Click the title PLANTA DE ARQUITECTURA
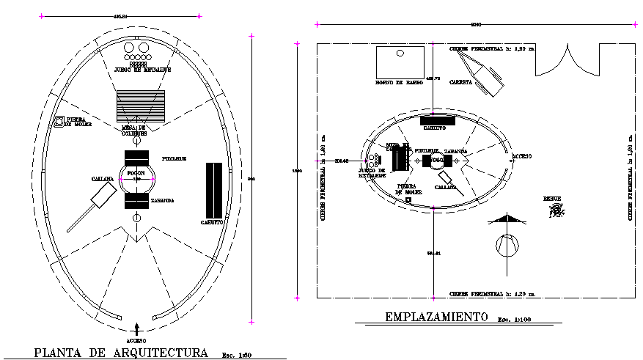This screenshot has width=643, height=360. coord(121,353)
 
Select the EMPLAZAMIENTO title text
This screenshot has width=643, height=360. coord(436,317)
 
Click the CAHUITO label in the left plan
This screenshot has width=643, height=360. coord(213,222)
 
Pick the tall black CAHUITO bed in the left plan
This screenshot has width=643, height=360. coord(213,189)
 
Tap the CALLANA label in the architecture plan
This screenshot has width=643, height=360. coord(103,179)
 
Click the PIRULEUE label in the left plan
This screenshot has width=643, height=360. coord(174,157)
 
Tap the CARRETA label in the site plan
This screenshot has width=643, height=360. coord(460,81)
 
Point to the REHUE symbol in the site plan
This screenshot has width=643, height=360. coord(557,211)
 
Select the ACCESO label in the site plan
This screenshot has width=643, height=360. coord(522,156)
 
